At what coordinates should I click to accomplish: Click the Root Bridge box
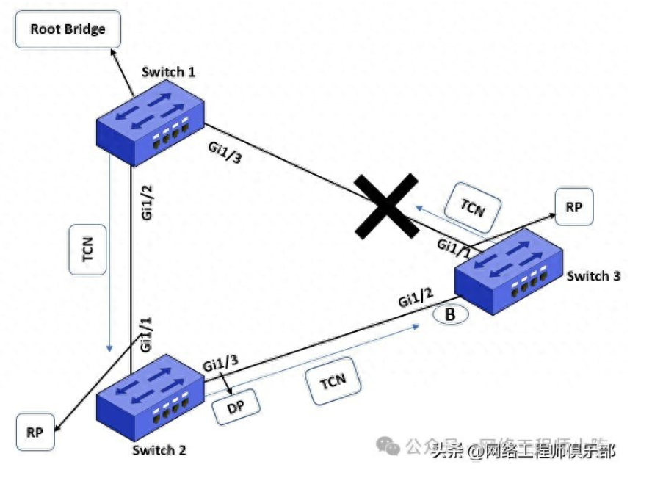point(68,30)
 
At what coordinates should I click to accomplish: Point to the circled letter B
point(451,314)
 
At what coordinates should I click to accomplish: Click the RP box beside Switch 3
point(574,208)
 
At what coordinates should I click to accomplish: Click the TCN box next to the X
point(472,206)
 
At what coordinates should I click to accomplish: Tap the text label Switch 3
point(594,276)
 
